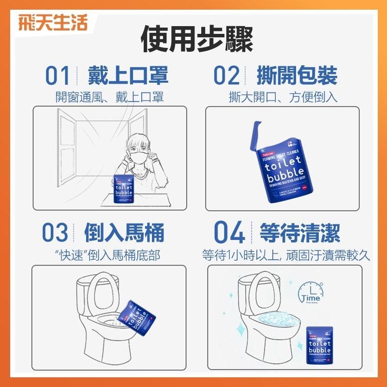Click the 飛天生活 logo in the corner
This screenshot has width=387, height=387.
52,23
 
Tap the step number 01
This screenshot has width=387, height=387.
58,77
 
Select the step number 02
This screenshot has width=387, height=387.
227,77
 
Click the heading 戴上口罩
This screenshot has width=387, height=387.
128,76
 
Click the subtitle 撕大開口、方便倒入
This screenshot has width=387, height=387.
283,97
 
